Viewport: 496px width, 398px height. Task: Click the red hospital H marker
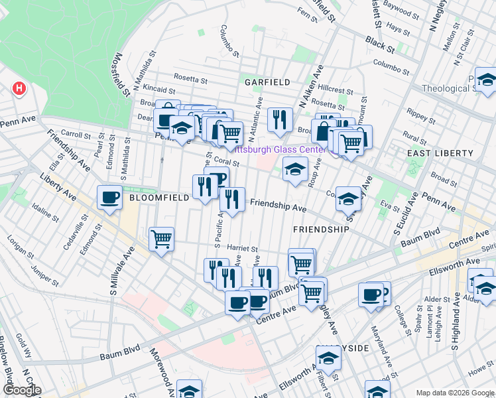(19, 88)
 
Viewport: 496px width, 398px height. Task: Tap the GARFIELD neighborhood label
(267, 82)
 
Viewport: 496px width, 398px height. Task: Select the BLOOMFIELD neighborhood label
(156, 198)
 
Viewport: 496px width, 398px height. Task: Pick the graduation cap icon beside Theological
(486, 80)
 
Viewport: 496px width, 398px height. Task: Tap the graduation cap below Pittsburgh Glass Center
(295, 169)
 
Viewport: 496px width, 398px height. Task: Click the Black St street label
(379, 45)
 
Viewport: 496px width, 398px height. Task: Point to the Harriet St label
(242, 247)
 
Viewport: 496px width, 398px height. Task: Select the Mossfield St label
(123, 75)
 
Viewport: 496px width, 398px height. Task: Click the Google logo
(22, 390)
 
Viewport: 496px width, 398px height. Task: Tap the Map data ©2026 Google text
(455, 393)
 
